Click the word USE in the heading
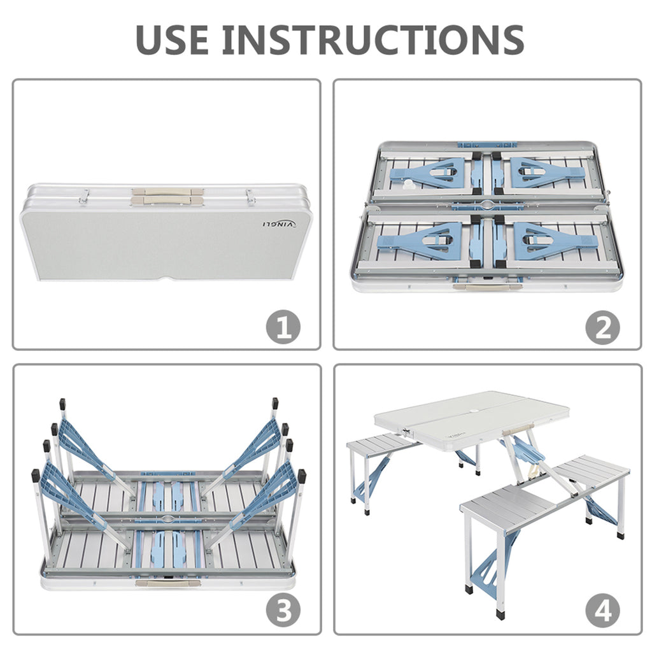click(x=172, y=39)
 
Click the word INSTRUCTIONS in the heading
click(x=373, y=39)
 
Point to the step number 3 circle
click(x=283, y=611)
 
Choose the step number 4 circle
click(x=603, y=611)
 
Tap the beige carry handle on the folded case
click(x=167, y=196)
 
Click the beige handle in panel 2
click(x=487, y=287)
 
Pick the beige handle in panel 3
click(x=168, y=583)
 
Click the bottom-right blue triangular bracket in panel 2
click(x=556, y=241)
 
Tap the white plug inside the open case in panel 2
click(x=407, y=185)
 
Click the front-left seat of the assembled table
click(x=508, y=512)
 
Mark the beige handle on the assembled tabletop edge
click(x=518, y=430)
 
